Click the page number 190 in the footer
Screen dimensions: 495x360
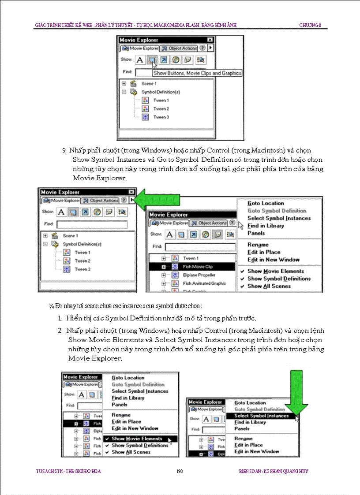point(180,471)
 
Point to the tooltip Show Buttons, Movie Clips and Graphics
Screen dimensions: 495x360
point(197,73)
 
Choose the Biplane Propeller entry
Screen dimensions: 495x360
point(199,275)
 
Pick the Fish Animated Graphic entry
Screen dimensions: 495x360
point(204,283)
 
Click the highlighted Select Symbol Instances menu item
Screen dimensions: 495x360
point(261,416)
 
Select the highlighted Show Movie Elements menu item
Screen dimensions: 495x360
point(137,439)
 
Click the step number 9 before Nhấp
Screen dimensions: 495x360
point(64,150)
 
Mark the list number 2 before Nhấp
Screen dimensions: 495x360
point(60,330)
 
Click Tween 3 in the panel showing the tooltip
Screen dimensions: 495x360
point(161,117)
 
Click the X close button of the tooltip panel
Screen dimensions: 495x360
point(210,40)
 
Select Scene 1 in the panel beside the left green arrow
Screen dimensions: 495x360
point(70,236)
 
